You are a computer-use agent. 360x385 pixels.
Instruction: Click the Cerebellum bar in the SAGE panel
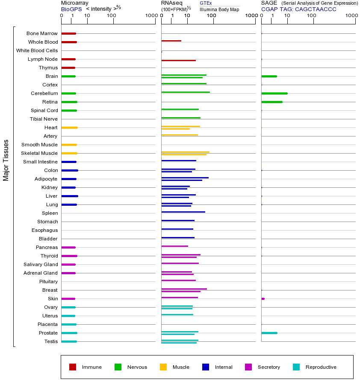tap(274, 93)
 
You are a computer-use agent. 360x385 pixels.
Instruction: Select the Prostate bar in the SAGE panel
tap(269, 333)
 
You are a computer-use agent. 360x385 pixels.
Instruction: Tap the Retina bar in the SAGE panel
tap(271, 102)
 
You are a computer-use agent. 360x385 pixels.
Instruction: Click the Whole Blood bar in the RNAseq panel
tap(171, 41)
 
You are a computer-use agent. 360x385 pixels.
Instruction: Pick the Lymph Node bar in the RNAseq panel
tap(178, 60)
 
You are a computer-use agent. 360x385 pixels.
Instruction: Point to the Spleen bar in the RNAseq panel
tap(183, 212)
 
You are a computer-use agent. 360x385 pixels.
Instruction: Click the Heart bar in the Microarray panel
tap(69, 127)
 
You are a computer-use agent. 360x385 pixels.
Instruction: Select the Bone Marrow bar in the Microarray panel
tap(68, 33)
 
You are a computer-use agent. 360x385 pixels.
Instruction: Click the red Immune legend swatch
tap(73, 367)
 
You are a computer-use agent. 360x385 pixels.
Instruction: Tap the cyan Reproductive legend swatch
tap(296, 367)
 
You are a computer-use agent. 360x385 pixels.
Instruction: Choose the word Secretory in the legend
tap(269, 367)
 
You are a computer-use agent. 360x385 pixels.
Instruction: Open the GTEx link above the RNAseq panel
tap(206, 3)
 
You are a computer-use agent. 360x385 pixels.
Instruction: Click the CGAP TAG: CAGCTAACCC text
tap(299, 9)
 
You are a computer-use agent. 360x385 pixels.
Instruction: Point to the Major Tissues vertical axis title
tap(6, 160)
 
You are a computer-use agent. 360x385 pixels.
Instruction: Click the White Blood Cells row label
tap(37, 50)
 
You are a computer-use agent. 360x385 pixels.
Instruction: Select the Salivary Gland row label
tap(41, 264)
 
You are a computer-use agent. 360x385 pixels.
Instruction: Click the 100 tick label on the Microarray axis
tap(112, 16)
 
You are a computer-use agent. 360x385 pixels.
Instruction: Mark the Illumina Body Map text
tap(219, 9)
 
